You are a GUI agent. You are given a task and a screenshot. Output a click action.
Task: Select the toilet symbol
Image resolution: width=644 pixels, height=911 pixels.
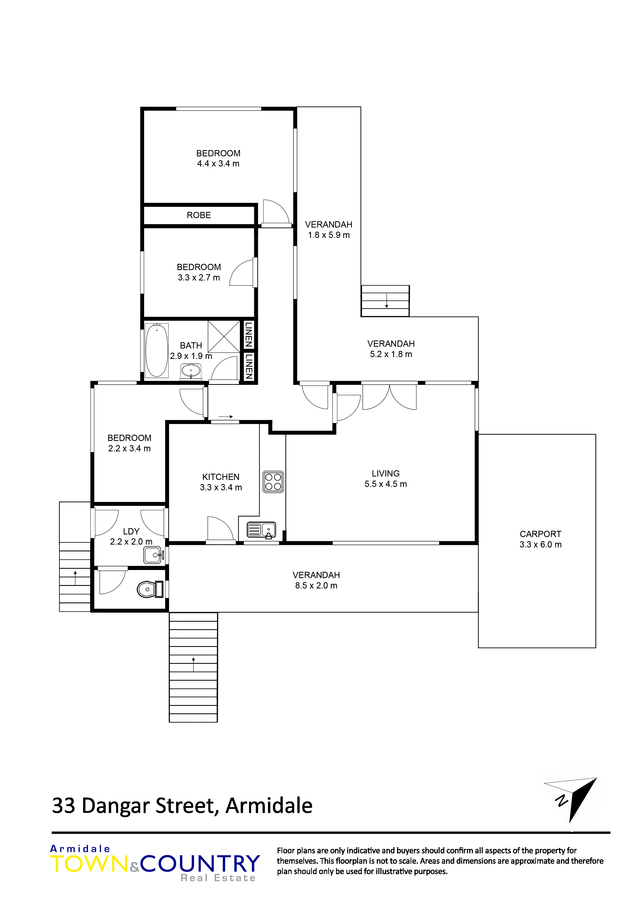point(150,589)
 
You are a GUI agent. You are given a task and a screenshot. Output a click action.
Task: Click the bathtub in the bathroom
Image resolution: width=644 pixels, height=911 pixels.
point(157,350)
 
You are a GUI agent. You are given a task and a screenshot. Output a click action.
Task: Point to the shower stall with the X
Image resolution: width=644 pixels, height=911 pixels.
point(224,337)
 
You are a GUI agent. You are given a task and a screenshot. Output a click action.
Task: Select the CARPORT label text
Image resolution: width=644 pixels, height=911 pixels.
point(540,534)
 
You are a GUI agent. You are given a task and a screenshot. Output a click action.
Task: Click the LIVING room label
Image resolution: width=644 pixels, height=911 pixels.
point(386,473)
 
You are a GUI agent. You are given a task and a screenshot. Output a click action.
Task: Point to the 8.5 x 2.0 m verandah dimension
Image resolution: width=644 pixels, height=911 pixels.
point(316,586)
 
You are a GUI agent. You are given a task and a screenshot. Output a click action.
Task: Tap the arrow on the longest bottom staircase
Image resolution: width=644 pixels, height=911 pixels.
point(194,664)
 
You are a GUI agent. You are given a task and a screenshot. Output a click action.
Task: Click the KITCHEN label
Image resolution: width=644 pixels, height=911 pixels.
point(221,477)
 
